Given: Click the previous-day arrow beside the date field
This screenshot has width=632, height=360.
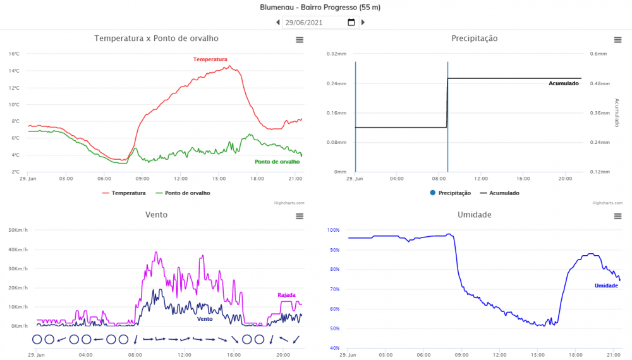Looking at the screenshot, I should (278, 23).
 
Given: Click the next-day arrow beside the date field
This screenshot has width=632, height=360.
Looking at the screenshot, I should (363, 23).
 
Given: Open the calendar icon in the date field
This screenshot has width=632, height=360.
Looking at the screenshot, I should (351, 23).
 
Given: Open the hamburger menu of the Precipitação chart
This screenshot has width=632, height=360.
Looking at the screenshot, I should (617, 40).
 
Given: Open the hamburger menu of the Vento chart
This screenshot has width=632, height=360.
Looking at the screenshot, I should (300, 216).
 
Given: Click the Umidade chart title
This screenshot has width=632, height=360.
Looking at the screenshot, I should (474, 215).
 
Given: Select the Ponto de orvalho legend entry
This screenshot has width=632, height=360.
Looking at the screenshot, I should (183, 193).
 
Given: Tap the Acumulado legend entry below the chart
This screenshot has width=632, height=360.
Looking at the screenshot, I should (499, 193).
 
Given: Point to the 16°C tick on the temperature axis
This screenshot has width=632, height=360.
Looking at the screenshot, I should (15, 54).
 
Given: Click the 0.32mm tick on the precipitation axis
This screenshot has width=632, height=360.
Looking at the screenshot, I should (336, 54).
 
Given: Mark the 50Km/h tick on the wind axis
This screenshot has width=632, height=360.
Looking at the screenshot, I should (16, 230).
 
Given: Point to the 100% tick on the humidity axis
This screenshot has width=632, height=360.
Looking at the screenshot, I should (334, 230).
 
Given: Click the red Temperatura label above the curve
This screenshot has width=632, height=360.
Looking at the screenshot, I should (210, 59).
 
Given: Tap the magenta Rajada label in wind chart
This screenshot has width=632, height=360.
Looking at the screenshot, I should (286, 295).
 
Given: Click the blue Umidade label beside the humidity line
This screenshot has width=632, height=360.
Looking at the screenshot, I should (606, 286).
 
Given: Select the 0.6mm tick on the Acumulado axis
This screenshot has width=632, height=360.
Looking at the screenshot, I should (598, 54).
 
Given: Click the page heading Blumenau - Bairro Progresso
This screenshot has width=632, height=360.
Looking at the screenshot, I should (320, 8).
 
